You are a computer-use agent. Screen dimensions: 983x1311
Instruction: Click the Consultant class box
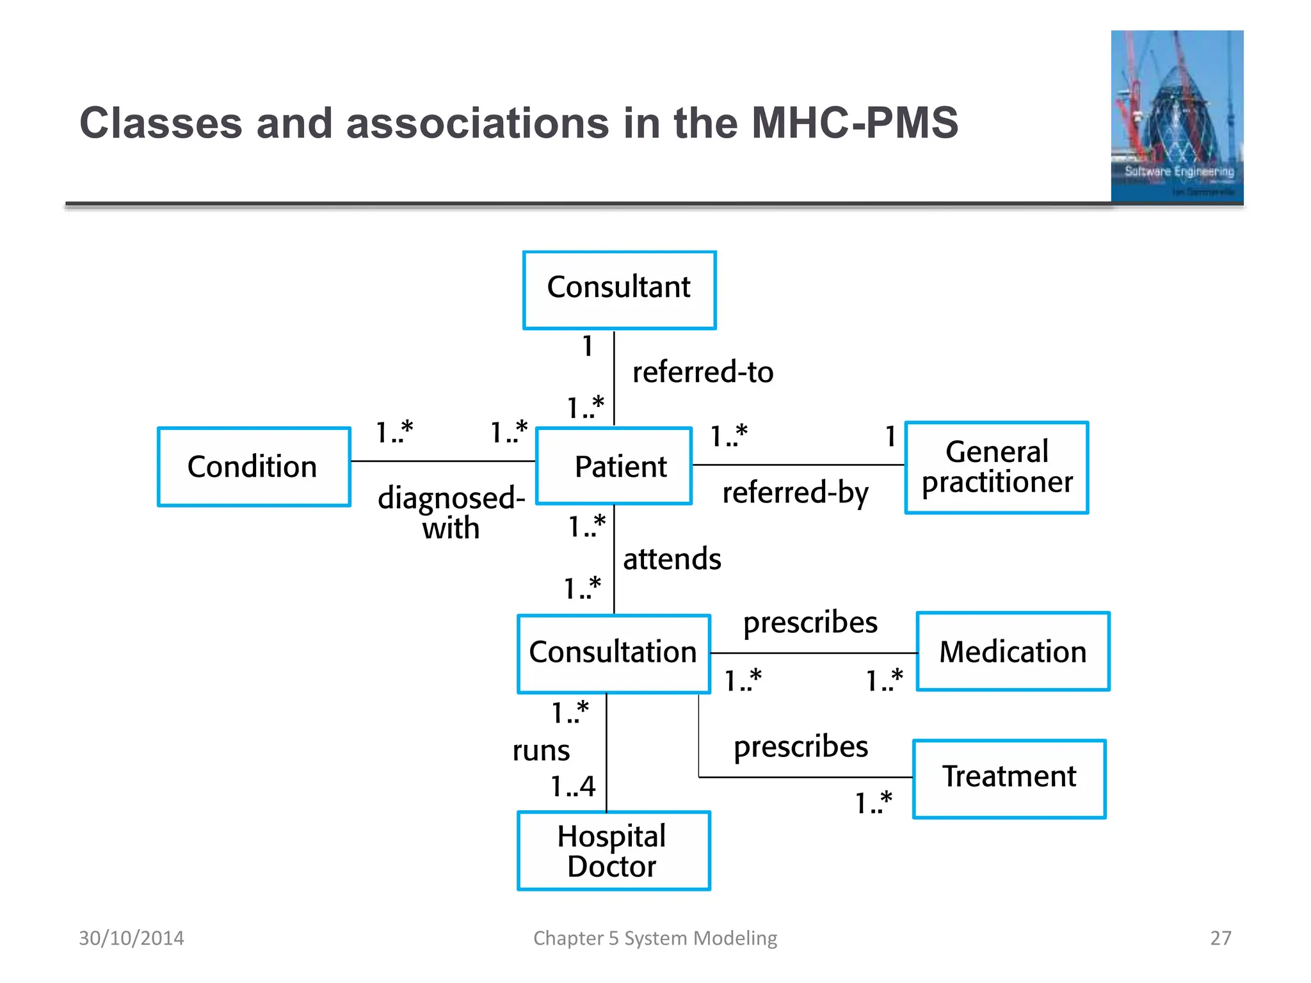pos(619,290)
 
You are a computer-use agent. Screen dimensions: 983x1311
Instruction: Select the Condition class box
pos(253,467)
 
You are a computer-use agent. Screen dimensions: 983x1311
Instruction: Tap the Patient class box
pos(614,466)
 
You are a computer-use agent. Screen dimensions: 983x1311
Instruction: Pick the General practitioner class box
pos(997,467)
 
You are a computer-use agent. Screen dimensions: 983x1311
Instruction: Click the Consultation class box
pos(613,653)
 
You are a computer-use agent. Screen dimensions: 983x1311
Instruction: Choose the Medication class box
pos(1013,651)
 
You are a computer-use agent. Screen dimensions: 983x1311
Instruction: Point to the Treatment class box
pos(1009,778)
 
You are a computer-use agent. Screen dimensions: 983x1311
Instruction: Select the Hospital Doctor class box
pos(613,851)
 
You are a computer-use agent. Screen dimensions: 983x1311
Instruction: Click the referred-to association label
pos(702,372)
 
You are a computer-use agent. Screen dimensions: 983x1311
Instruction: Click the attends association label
pos(672,559)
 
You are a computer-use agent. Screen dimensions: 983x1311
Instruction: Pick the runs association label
pos(541,750)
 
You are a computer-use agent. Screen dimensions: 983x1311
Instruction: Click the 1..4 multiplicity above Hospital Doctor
pos(573,786)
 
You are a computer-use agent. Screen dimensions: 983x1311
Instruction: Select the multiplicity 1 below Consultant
pos(588,346)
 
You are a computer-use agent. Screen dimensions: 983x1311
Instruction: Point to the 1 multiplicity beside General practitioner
pos(890,436)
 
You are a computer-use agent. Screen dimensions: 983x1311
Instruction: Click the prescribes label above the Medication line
pos(810,622)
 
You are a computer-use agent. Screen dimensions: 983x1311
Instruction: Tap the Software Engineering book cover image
pos(1177,116)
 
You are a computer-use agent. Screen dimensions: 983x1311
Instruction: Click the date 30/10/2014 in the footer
pos(131,938)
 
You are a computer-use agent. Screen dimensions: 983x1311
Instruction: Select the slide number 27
pos(1220,938)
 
